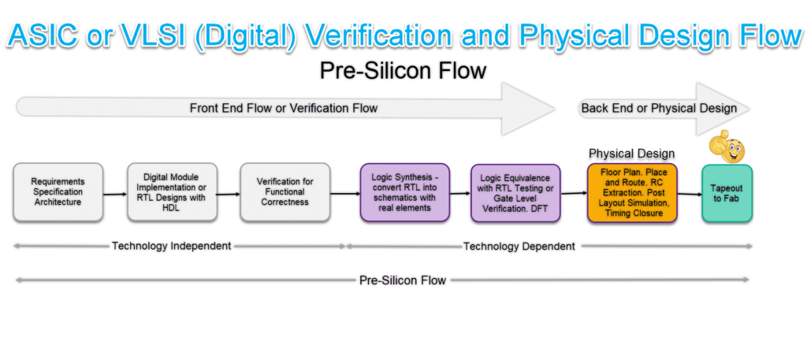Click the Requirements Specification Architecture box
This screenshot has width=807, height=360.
pyautogui.click(x=58, y=192)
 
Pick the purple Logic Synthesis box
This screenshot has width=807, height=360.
pyautogui.click(x=403, y=192)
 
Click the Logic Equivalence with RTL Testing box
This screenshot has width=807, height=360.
pyautogui.click(x=515, y=194)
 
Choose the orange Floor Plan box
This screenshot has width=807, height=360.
pyautogui.click(x=631, y=193)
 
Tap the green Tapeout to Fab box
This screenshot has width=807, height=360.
pyautogui.click(x=727, y=193)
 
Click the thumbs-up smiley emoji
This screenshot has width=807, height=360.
pyautogui.click(x=727, y=147)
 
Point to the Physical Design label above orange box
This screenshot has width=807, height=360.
pyautogui.click(x=631, y=153)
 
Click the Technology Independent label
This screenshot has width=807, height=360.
pyautogui.click(x=171, y=246)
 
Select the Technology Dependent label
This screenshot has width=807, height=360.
pyautogui.click(x=519, y=247)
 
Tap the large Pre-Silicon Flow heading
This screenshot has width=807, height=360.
pyautogui.click(x=403, y=71)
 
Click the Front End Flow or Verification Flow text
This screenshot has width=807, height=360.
pyautogui.click(x=283, y=108)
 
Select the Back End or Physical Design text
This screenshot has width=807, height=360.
pyautogui.click(x=658, y=108)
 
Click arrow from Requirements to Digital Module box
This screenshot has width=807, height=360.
pyautogui.click(x=115, y=193)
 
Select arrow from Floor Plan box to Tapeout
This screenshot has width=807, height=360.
pyautogui.click(x=689, y=195)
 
